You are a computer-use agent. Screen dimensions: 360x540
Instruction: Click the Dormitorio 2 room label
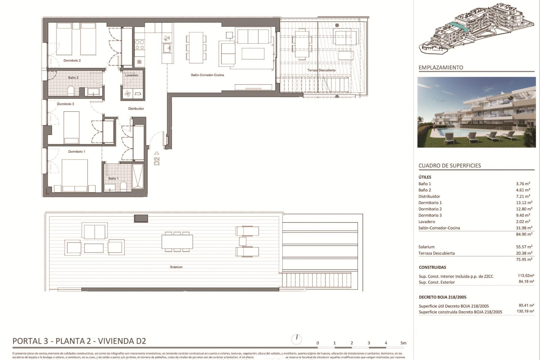pyautogui.click(x=72, y=60)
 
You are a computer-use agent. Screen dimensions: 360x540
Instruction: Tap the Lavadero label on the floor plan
pyautogui.click(x=132, y=75)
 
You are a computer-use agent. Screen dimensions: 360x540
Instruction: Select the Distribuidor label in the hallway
pyautogui.click(x=136, y=109)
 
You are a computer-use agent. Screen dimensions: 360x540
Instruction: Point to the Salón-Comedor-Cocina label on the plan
pyautogui.click(x=207, y=75)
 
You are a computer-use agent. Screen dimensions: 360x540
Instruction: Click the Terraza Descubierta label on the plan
pyautogui.click(x=321, y=70)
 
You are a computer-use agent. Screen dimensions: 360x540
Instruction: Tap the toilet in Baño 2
pyautogui.click(x=71, y=91)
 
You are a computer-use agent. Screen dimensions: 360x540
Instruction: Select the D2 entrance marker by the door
pyautogui.click(x=157, y=159)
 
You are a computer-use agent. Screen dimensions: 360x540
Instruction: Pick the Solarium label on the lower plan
pyautogui.click(x=176, y=267)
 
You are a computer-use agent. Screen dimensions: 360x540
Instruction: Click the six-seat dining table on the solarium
pyautogui.click(x=177, y=242)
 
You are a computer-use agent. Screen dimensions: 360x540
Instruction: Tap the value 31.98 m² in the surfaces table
pyautogui.click(x=524, y=228)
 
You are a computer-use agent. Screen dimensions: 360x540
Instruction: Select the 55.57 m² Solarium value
pyautogui.click(x=524, y=247)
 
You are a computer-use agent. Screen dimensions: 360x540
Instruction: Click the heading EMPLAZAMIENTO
pyautogui.click(x=441, y=67)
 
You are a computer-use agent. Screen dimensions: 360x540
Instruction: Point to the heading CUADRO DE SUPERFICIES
pyautogui.click(x=450, y=166)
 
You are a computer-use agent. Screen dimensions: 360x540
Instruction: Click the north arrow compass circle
pyautogui.click(x=297, y=339)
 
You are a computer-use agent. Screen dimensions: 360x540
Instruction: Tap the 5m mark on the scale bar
pyautogui.click(x=403, y=343)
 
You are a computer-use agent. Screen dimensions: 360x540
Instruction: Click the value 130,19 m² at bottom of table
pyautogui.click(x=525, y=311)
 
